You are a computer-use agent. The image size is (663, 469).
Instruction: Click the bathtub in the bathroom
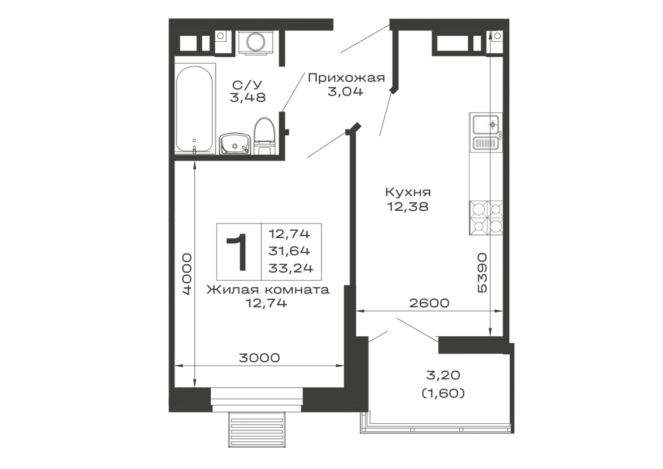point(196,109)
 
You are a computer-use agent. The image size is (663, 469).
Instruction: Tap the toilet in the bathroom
point(265,135)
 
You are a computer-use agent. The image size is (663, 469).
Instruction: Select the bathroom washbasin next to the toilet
point(234,141)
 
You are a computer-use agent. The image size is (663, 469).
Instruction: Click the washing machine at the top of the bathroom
point(254,42)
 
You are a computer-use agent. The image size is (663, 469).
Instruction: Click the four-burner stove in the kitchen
point(485,218)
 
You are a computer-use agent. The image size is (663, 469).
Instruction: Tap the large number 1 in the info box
point(237,251)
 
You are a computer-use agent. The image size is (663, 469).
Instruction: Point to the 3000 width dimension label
point(259,358)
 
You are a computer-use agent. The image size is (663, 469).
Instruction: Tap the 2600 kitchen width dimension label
point(429,303)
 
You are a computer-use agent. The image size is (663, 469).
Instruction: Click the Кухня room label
point(408,192)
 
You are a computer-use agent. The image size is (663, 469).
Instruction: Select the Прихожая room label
point(346,79)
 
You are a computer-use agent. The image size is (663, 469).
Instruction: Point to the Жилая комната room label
point(267,291)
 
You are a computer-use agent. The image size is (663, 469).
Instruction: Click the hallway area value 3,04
point(345,93)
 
